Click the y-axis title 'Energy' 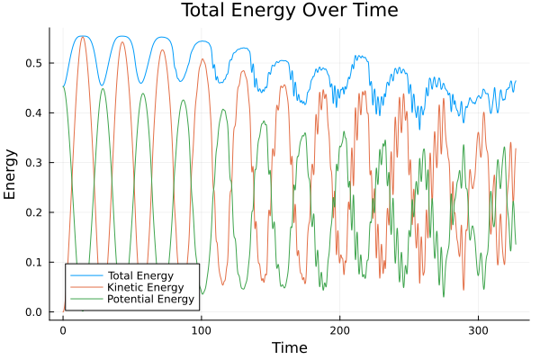(x=11, y=174)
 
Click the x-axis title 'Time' (x=289, y=347)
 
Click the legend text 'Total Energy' (x=139, y=274)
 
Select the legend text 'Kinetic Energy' (x=142, y=286)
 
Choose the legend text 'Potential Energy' (x=150, y=299)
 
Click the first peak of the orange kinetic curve (x=82, y=37)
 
